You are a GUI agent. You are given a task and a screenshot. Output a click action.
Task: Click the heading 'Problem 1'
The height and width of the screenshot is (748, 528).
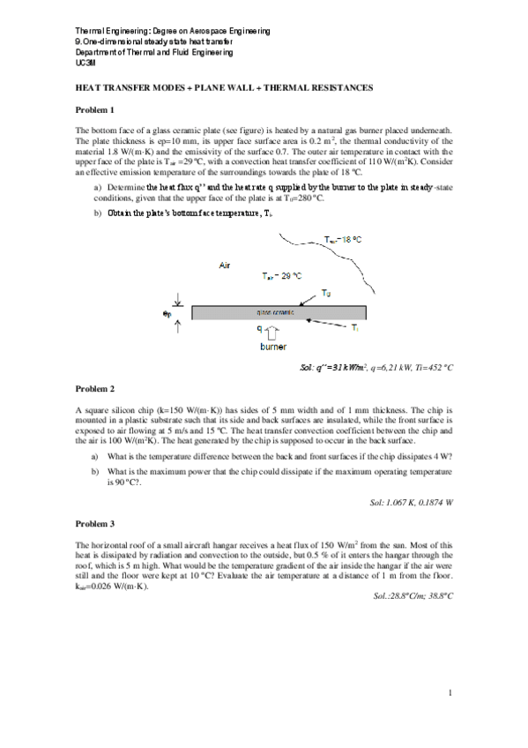[x=95, y=109]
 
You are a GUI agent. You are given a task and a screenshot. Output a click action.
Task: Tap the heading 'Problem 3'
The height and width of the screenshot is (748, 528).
[x=95, y=524]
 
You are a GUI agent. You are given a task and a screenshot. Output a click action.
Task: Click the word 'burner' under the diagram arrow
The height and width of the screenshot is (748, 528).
[x=272, y=347]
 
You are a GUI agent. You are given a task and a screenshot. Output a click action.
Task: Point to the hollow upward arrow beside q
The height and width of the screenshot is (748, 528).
[x=273, y=332]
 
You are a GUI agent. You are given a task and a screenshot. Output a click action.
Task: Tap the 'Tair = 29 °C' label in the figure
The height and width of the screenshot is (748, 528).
[x=283, y=276]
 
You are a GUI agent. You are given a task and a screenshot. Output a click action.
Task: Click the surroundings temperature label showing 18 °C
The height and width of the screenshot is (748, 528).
[x=343, y=240]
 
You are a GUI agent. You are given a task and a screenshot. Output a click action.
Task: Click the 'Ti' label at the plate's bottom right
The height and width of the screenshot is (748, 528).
[x=355, y=327]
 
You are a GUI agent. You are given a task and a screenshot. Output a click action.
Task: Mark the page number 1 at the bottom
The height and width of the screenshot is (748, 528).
[x=449, y=692]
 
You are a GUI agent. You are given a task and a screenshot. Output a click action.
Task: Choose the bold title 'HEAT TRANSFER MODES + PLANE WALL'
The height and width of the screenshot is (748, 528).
[x=225, y=88]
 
